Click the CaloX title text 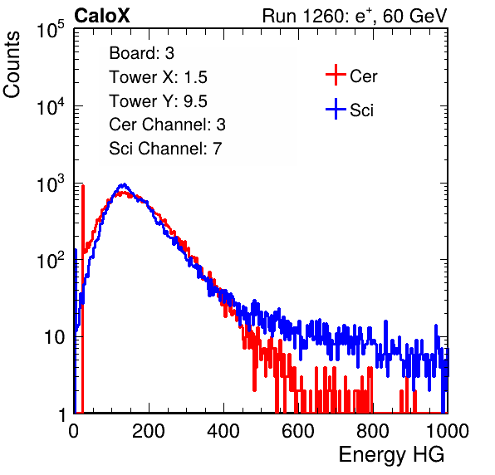(x=102, y=16)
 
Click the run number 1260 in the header (x=322, y=16)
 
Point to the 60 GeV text (x=415, y=16)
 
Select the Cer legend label (x=363, y=76)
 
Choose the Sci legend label (x=361, y=110)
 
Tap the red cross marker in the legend (x=336, y=75)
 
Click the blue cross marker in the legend (x=336, y=109)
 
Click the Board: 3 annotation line (x=141, y=53)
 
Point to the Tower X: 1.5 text (x=158, y=77)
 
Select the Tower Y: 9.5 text (x=158, y=101)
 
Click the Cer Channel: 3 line (x=167, y=125)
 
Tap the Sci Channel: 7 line (x=165, y=149)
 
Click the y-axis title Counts (x=12, y=65)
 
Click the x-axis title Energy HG (x=391, y=455)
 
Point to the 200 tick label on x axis (x=149, y=431)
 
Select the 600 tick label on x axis (x=298, y=431)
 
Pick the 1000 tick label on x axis (x=448, y=431)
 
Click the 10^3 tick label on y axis (x=51, y=184)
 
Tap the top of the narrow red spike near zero (x=83, y=185)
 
